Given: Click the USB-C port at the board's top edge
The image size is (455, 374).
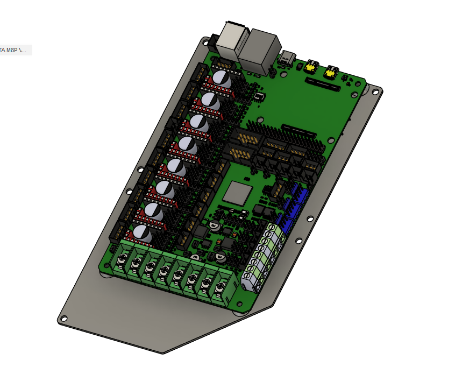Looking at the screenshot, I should tap(288, 58).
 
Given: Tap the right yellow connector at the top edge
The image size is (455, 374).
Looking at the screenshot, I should tap(331, 70).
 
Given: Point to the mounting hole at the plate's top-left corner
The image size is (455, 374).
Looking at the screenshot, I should tap(204, 41).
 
